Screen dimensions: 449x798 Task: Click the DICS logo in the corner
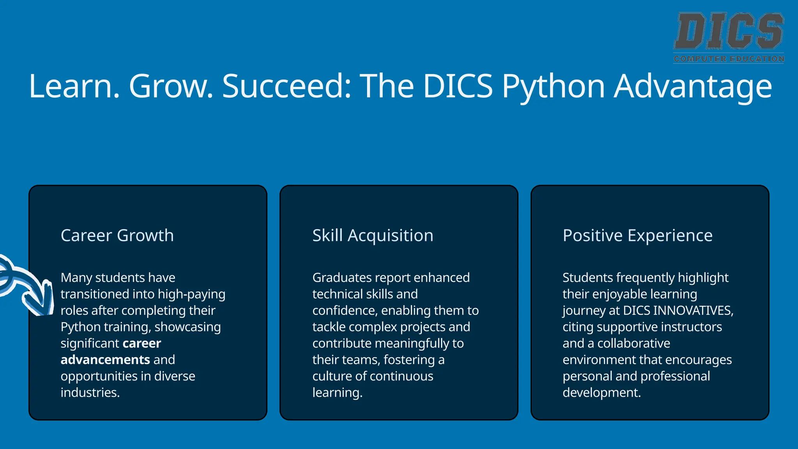click(729, 31)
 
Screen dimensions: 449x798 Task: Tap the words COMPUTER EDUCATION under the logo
click(729, 59)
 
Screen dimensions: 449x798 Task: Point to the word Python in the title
click(553, 87)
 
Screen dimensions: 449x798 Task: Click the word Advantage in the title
click(693, 87)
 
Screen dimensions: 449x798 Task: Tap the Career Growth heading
click(117, 235)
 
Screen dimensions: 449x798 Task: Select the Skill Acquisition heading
click(373, 235)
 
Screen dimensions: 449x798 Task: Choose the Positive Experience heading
click(637, 235)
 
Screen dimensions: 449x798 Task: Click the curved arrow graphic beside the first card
click(27, 286)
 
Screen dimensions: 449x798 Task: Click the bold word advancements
click(105, 359)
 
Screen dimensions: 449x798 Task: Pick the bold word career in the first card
click(141, 343)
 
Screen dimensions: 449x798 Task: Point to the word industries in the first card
click(90, 392)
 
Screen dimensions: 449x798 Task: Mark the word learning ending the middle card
click(337, 392)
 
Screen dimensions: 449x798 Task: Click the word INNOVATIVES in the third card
click(693, 310)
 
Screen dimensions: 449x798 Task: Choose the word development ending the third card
click(601, 392)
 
